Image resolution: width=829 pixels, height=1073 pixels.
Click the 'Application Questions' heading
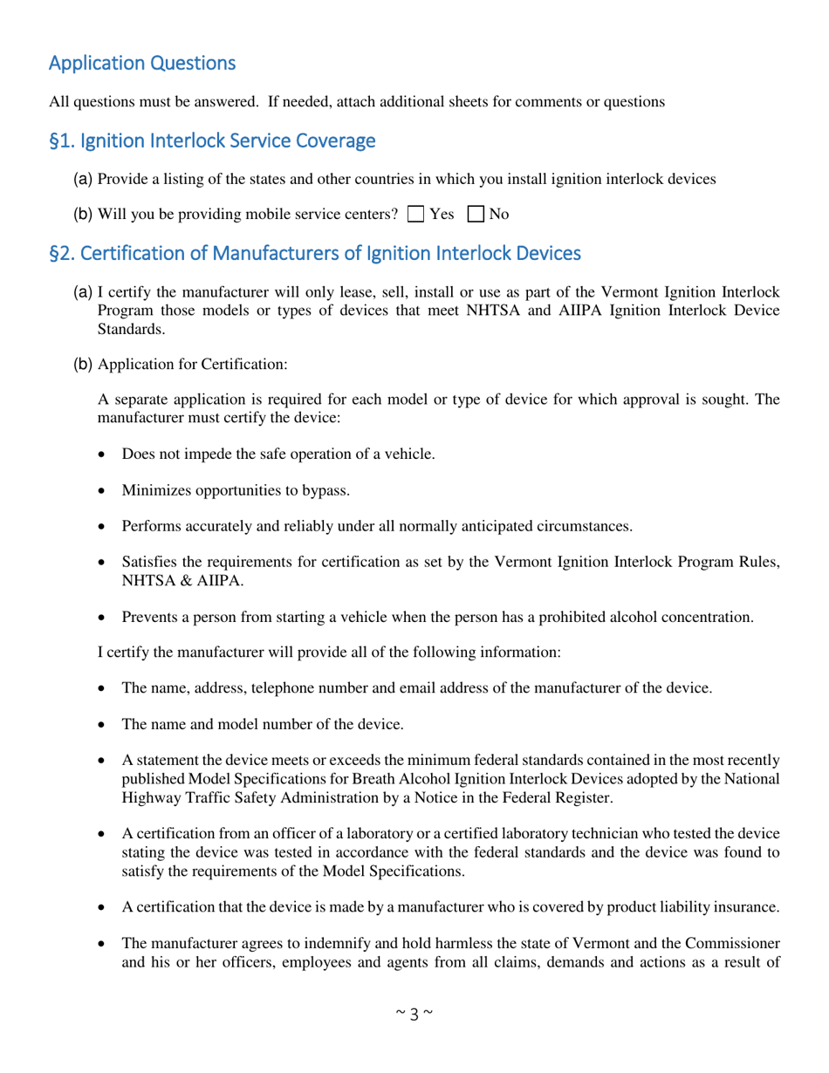tap(141, 64)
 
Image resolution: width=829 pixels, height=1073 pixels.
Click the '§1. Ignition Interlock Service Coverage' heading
tap(212, 140)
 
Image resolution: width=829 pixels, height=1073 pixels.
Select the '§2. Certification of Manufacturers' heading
tap(314, 254)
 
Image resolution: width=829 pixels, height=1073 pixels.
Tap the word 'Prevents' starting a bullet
tap(149, 617)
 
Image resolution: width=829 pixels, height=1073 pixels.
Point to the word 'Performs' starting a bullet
tap(151, 528)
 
